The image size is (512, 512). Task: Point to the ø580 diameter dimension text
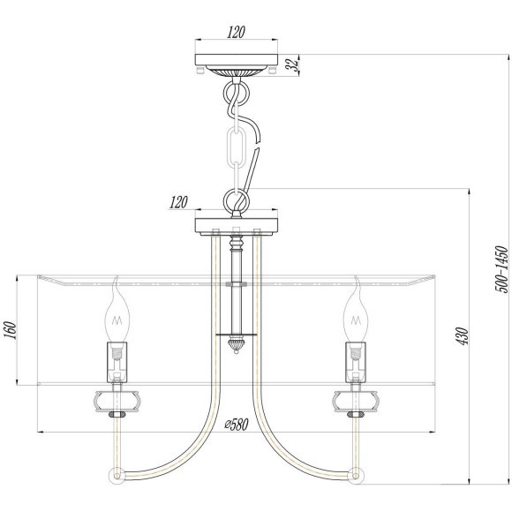(236, 424)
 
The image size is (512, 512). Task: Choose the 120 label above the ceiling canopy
(235, 33)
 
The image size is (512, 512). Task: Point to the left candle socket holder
(117, 358)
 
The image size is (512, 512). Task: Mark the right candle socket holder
(356, 358)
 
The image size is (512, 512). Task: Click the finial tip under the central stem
(236, 345)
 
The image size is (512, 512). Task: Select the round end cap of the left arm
(117, 475)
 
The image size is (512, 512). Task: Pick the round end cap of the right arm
(355, 475)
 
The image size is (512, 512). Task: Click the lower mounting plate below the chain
(236, 226)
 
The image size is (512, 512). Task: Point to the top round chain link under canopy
(236, 93)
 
